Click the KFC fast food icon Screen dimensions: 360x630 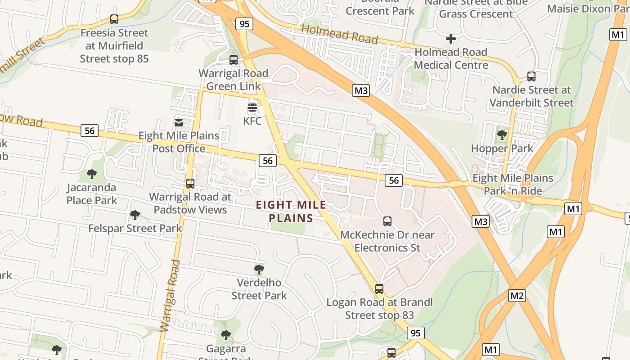(252, 108)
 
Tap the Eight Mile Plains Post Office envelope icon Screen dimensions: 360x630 (179, 122)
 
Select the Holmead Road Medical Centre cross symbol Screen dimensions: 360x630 (450, 39)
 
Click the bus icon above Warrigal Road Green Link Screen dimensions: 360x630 (234, 60)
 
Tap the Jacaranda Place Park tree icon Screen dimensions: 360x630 (92, 174)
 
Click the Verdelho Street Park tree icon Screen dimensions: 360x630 (259, 270)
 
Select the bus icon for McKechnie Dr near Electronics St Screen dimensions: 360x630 (387, 221)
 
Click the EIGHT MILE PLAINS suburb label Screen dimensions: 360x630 (291, 211)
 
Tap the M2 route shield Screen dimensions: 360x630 (517, 296)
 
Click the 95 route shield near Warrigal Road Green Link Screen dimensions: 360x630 (244, 23)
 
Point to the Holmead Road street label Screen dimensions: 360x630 (339, 35)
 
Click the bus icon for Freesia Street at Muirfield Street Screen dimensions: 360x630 (114, 19)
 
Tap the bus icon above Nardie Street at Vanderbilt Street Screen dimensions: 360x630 (531, 76)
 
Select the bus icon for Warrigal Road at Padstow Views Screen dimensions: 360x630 (190, 184)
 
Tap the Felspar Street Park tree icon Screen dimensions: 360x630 (135, 215)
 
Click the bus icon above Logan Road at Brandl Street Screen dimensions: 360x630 (379, 289)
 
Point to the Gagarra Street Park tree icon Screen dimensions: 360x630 (226, 335)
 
